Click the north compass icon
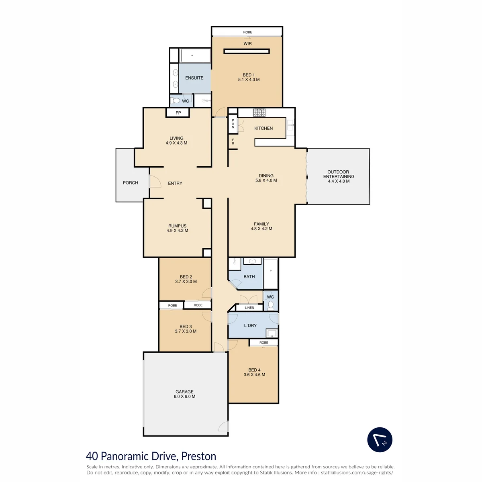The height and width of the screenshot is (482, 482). pos(380,439)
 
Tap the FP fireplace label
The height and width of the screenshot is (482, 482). pos(178,113)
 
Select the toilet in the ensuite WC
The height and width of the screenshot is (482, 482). pos(176,101)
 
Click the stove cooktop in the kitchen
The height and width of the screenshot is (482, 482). pos(259,112)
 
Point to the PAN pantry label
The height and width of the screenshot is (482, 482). pos(233,124)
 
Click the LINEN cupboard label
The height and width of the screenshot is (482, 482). pos(249,308)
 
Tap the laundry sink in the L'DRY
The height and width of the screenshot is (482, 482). pos(272,333)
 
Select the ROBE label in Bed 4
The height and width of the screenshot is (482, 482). pos(263,343)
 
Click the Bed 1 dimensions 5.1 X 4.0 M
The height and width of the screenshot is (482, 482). pos(249,80)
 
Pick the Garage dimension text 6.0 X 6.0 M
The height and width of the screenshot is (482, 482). pos(184,396)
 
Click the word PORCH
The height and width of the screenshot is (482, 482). pos(130,183)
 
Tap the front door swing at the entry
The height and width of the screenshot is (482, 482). pos(155,181)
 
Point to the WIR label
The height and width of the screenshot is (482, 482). pos(247,43)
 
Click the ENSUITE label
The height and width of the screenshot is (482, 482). pos(194,78)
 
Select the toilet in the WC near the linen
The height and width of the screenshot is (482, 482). pos(271,305)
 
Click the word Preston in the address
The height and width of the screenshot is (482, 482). pos(198,456)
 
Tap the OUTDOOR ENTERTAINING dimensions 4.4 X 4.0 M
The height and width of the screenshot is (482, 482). pos(339,181)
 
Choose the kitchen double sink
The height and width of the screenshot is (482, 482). pos(290,125)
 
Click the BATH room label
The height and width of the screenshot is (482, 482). pos(249,277)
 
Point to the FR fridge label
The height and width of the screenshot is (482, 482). pos(233,141)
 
